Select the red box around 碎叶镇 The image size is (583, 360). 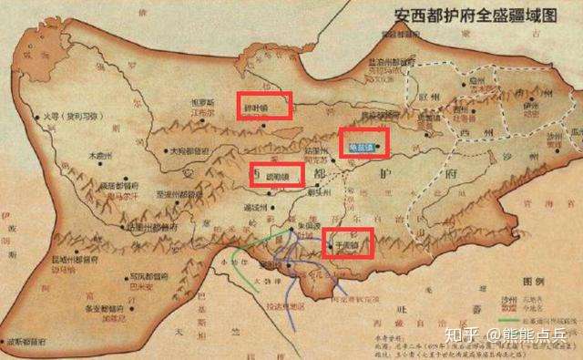point(264,106)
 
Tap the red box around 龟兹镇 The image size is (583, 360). point(363,142)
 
